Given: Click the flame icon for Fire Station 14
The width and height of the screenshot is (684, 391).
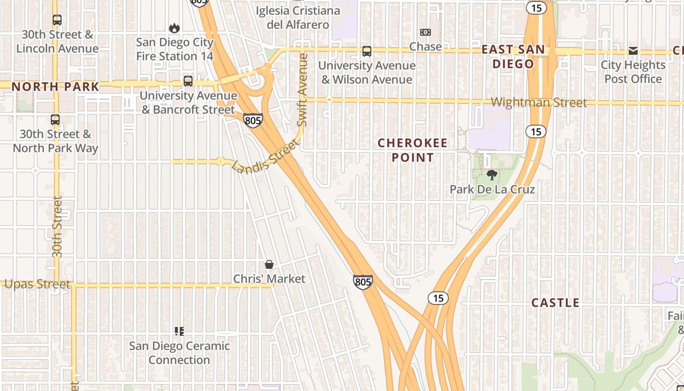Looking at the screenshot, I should click(x=174, y=28).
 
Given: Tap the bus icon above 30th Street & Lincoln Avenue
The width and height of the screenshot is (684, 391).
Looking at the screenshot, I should click(x=57, y=20).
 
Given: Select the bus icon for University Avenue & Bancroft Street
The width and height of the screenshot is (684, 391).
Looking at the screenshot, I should click(x=188, y=81).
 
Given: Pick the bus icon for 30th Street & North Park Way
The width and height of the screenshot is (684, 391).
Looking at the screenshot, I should click(x=55, y=120).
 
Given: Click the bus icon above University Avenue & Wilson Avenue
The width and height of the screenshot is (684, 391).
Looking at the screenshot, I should click(x=366, y=51).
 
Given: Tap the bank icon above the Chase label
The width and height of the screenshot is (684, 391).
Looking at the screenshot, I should click(x=426, y=32).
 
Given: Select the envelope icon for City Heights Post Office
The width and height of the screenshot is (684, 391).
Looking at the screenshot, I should click(x=633, y=51).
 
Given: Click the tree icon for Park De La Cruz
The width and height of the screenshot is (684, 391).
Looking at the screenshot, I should click(x=492, y=175).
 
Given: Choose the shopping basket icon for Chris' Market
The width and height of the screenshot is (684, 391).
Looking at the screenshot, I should click(x=269, y=264).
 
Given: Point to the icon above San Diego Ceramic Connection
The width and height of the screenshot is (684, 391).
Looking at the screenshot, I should click(x=179, y=331).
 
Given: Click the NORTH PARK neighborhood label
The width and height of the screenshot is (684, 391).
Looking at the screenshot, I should click(x=55, y=87).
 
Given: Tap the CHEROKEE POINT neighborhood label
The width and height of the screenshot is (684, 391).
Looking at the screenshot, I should click(x=413, y=150).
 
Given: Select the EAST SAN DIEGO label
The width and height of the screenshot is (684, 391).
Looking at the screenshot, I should click(x=513, y=57).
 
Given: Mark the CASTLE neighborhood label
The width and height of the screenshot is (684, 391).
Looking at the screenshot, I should click(x=555, y=303).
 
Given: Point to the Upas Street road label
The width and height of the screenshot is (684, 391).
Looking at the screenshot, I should click(x=37, y=284).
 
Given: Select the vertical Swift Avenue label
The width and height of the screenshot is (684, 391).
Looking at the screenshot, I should click(x=302, y=89).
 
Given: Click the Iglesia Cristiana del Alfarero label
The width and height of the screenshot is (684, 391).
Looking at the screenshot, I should click(x=298, y=18).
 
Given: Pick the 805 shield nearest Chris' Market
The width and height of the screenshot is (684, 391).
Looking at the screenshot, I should click(x=363, y=282).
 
